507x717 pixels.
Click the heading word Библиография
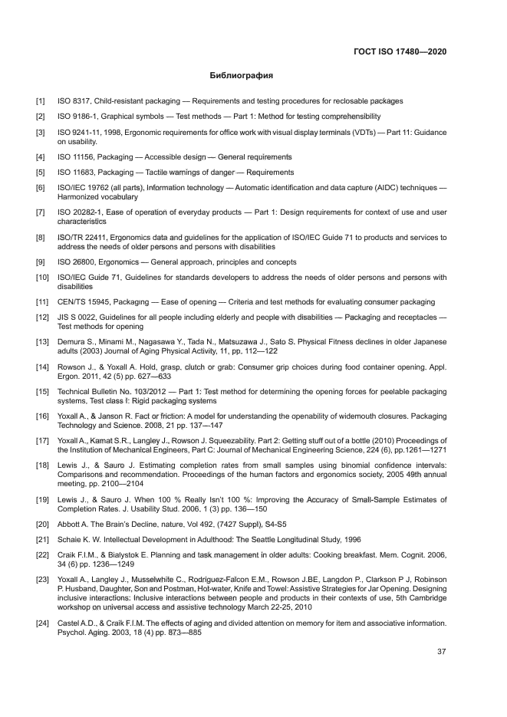point(242,76)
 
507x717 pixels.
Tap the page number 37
point(441,652)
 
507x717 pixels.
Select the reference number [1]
point(40,101)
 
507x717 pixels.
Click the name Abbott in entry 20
point(71,525)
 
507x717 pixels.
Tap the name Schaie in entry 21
point(71,540)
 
